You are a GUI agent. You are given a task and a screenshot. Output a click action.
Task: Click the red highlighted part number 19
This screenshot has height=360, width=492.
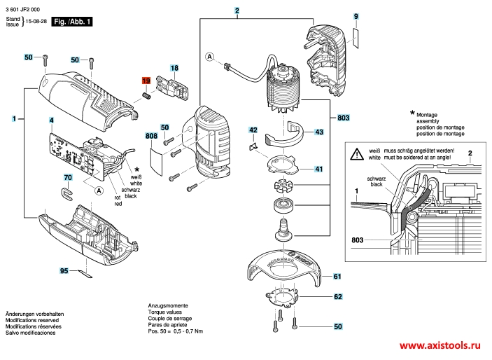(146, 81)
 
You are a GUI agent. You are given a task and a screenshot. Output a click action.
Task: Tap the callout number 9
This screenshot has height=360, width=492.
(356, 15)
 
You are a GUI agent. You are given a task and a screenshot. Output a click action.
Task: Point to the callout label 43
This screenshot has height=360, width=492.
(318, 132)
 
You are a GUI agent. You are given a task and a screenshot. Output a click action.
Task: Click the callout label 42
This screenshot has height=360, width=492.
(253, 130)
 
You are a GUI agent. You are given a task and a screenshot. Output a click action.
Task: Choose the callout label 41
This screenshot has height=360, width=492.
(318, 169)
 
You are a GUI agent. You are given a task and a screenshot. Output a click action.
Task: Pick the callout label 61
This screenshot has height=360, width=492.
(337, 277)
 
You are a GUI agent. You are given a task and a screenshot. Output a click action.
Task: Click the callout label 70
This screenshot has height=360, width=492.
(68, 178)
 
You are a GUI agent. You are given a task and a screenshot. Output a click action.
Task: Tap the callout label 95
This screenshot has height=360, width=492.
(64, 270)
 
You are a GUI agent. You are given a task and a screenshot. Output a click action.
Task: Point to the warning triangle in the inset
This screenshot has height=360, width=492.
(358, 152)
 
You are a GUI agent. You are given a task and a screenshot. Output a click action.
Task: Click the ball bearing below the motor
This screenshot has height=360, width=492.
(283, 206)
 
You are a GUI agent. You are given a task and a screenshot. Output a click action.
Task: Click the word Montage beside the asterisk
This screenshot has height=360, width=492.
(427, 114)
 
